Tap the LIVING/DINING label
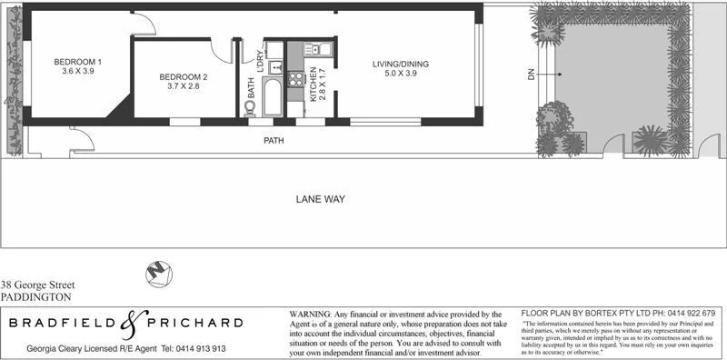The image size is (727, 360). [400, 64]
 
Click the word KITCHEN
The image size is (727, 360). [314, 83]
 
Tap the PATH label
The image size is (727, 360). [274, 141]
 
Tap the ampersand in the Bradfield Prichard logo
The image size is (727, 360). [134, 323]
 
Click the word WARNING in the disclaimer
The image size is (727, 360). [313, 314]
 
